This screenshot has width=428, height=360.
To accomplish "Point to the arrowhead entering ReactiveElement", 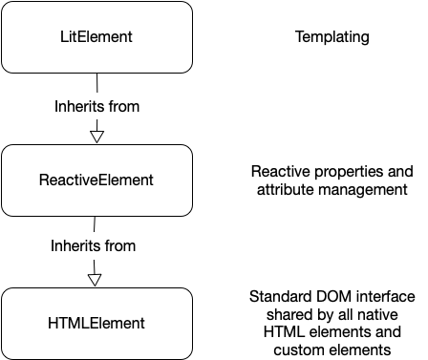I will pos(96,135).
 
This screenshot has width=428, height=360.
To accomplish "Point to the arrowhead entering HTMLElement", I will pos(96,279).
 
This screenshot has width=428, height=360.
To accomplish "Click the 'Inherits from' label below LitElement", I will pos(96,106).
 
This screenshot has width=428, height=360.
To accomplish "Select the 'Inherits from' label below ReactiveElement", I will pos(93,245).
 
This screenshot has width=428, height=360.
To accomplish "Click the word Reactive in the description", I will pos(279,172).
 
